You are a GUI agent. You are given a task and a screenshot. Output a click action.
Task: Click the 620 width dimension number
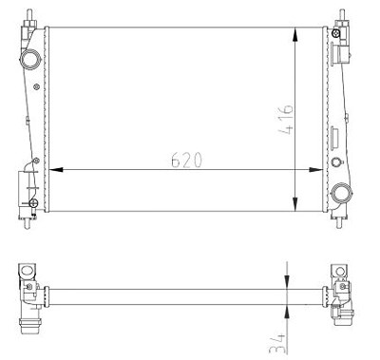[x=186, y=160]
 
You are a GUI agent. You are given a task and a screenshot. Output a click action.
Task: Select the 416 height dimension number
[x=286, y=119]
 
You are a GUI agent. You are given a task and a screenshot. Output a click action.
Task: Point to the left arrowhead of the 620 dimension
[x=56, y=170]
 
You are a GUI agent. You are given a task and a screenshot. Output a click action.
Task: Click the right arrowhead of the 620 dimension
[x=315, y=170]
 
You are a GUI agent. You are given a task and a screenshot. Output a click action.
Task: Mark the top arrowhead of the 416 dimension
[x=295, y=35]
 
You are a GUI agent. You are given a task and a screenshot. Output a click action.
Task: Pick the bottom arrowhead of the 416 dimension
[x=295, y=203]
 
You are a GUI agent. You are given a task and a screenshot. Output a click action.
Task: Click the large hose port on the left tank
[x=30, y=60]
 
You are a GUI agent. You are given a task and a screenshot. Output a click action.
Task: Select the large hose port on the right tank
[x=341, y=192]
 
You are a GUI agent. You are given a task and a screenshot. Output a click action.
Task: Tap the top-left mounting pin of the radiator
[x=29, y=15]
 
